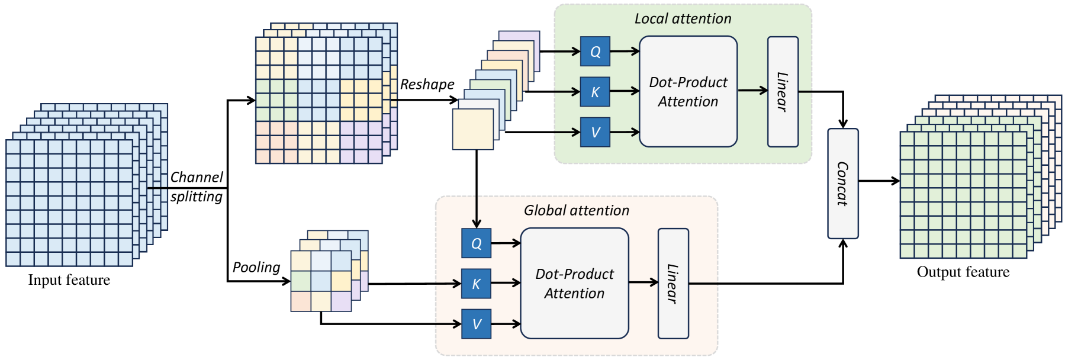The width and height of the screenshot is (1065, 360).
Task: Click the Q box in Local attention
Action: (595, 52)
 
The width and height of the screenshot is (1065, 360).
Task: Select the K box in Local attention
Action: (595, 92)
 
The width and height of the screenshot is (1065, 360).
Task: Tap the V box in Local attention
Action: (595, 132)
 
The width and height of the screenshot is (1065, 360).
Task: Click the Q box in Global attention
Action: (476, 243)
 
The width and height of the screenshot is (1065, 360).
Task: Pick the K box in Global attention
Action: (476, 284)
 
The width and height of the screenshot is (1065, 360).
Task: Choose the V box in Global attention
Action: (476, 324)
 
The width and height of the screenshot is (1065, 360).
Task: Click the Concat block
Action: (842, 184)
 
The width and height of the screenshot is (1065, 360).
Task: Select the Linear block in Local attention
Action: (783, 92)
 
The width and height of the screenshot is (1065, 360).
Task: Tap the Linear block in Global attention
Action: (673, 284)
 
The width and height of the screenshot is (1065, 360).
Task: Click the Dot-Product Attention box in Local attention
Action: (688, 92)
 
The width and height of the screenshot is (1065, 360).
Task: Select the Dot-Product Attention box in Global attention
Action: (574, 284)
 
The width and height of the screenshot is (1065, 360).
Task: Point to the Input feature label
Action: (69, 280)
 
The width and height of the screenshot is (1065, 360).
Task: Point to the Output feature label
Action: (963, 272)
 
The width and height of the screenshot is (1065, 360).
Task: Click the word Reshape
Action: (427, 84)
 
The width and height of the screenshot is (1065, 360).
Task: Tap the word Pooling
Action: (256, 267)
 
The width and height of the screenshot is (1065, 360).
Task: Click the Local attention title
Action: (683, 19)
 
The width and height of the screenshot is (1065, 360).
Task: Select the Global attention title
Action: (576, 210)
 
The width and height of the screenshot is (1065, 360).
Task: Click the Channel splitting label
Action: (197, 187)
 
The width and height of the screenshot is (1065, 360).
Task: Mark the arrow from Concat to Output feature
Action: (879, 181)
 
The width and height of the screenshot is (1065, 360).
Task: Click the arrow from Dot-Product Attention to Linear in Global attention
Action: (643, 282)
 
